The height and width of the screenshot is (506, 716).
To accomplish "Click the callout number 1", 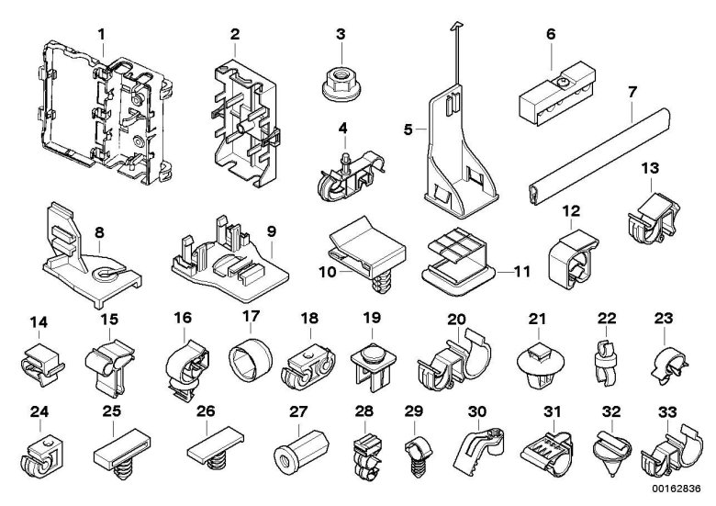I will [x=102, y=34].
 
